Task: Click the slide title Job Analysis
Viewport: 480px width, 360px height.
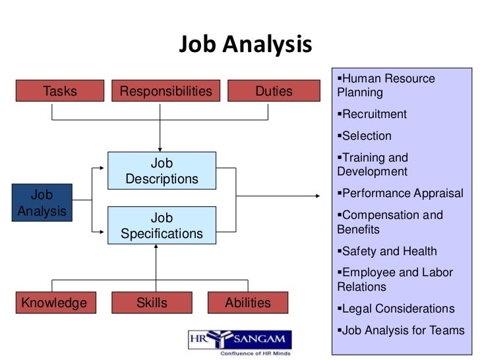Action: click(x=245, y=45)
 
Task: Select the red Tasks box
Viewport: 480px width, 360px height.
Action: click(x=60, y=91)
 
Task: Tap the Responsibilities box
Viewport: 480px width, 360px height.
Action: click(x=166, y=91)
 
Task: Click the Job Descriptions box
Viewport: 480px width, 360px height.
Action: click(x=162, y=171)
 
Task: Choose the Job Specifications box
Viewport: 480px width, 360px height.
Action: click(x=162, y=225)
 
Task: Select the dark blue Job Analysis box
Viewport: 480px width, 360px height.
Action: click(x=42, y=203)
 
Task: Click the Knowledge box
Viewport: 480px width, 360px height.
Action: click(x=54, y=303)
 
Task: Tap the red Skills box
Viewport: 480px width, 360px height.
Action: click(x=152, y=303)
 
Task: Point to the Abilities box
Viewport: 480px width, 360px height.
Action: click(x=248, y=303)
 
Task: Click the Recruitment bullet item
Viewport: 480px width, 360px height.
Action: click(x=374, y=114)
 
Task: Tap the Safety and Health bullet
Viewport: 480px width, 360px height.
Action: click(x=389, y=251)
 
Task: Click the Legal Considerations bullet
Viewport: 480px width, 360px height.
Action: click(x=398, y=309)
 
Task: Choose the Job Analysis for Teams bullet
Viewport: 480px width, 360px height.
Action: click(x=403, y=330)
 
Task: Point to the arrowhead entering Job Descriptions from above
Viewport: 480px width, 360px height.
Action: click(x=160, y=148)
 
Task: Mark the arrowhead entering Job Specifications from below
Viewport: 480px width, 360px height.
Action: click(x=156, y=246)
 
